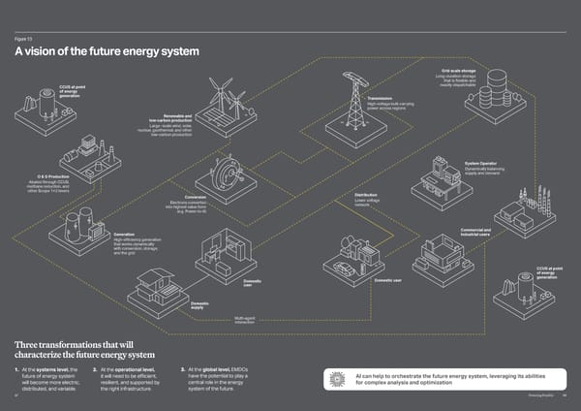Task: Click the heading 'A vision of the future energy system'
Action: [x=107, y=51]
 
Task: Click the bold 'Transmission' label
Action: [x=380, y=99]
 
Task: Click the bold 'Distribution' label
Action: [x=365, y=196]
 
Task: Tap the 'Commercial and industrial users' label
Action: [x=474, y=232]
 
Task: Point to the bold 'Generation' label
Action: [x=124, y=234]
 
